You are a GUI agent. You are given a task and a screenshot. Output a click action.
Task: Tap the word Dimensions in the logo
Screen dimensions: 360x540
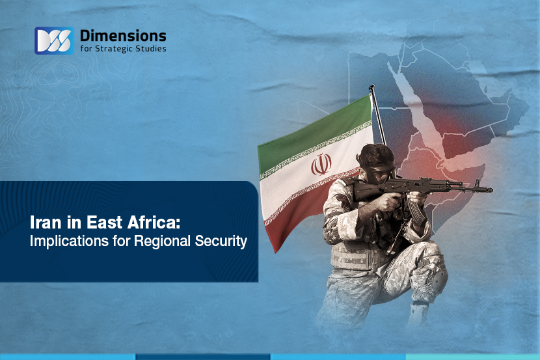coord(122,35)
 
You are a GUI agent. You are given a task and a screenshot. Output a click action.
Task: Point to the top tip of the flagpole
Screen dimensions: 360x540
coord(371,87)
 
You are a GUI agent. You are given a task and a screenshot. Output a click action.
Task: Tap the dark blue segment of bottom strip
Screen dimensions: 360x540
coord(202,357)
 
